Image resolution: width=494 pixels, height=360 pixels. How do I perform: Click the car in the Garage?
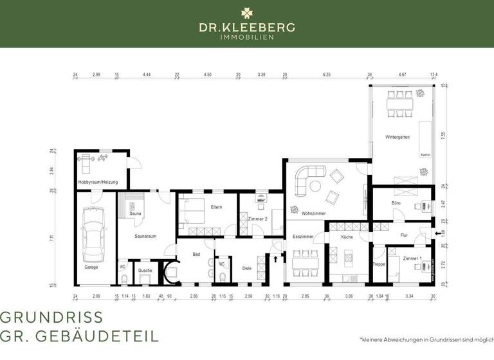click(x=95, y=235)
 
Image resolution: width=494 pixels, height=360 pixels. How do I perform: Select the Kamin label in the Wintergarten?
click(x=425, y=155)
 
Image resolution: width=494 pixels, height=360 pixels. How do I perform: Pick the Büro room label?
click(x=396, y=203)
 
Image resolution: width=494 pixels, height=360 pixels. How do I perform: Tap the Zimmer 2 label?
click(x=257, y=219)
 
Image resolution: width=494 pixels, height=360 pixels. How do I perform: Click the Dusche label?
click(x=145, y=270)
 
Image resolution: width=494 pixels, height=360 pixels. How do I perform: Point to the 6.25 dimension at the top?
click(x=327, y=75)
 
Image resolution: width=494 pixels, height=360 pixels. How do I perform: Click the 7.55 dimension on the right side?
click(x=443, y=136)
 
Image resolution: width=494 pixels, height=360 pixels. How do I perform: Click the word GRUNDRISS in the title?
click(x=51, y=318)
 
